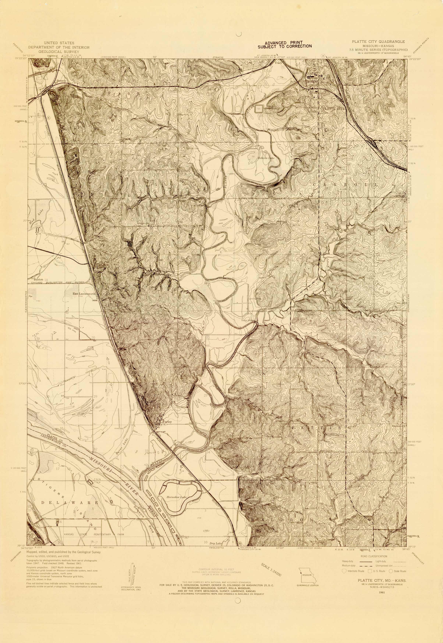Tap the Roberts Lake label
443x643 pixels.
click(266, 158)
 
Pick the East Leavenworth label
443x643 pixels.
click(84, 294)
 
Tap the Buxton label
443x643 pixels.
click(38, 279)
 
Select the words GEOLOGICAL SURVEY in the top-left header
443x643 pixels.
click(59, 52)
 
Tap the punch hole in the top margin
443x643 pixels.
click(238, 34)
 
